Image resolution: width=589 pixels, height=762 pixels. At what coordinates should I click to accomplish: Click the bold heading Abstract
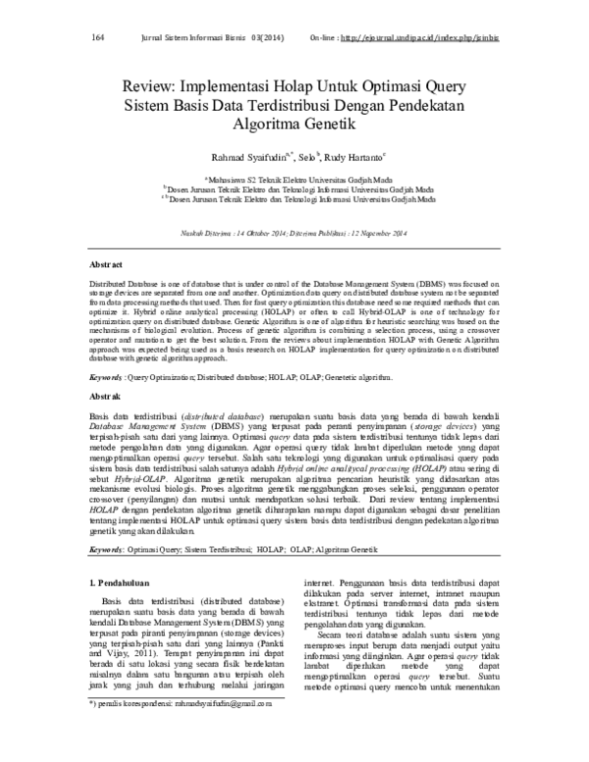point(106,266)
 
